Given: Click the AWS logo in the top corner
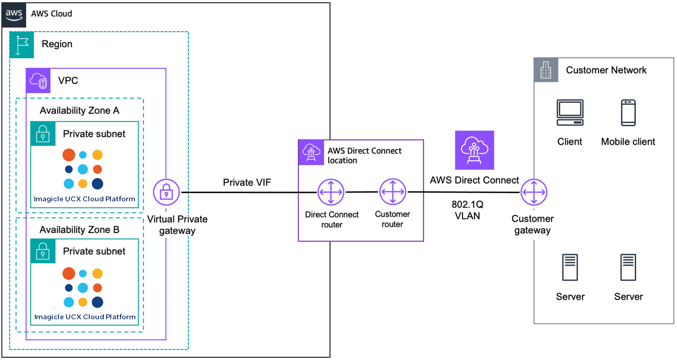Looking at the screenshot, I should click(14, 15).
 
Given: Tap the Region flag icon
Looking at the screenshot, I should click(22, 45).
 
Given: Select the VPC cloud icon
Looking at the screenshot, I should click(38, 81).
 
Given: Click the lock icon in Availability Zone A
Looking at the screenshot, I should click(43, 134).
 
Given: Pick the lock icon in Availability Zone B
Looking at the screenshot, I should click(43, 251).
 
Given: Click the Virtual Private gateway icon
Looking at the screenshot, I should click(166, 192).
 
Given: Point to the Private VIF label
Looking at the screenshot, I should click(247, 182).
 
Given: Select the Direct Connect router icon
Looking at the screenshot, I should click(331, 192).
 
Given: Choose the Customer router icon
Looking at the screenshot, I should click(393, 192).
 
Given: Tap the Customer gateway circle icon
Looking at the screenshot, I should click(534, 192).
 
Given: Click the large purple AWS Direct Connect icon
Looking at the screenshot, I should click(474, 150).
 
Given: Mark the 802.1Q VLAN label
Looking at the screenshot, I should click(467, 210).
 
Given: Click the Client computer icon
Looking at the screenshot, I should click(570, 113).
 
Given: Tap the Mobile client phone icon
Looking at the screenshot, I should click(628, 113).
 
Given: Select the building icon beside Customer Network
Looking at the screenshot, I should click(546, 70).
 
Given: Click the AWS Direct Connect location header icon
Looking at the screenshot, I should click(311, 152).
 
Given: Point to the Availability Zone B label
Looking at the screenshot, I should click(79, 230).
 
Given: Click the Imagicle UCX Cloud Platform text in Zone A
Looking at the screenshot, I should click(85, 199).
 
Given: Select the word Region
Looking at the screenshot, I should click(57, 44).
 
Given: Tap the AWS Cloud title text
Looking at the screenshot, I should click(51, 14).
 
